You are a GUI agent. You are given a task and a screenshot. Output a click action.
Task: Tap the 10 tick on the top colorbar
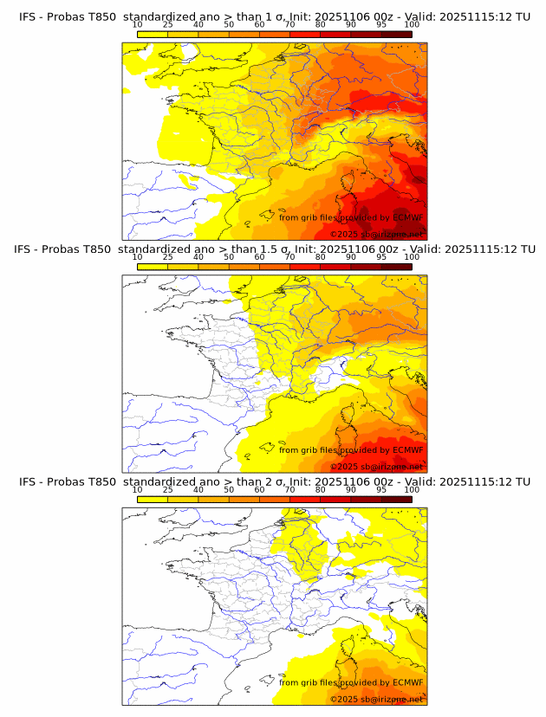click(x=137, y=24)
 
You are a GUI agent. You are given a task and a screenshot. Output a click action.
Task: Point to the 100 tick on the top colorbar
click(x=412, y=24)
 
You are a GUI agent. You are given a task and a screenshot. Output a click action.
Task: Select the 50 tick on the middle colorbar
click(x=229, y=257)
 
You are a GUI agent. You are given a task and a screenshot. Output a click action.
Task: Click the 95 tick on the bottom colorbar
click(x=381, y=489)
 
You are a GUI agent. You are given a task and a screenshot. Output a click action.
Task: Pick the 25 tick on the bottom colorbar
click(x=167, y=489)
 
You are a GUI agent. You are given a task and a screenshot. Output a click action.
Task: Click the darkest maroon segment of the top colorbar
click(x=396, y=34)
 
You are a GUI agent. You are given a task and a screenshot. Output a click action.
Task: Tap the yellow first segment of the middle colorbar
click(x=153, y=267)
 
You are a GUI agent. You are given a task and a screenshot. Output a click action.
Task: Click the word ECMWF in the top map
click(x=407, y=218)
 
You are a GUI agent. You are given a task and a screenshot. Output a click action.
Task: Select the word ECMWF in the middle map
click(x=407, y=449)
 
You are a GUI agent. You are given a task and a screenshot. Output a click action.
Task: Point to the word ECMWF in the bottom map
click(x=407, y=682)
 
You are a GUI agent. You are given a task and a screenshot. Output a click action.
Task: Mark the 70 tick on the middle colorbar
click(x=289, y=257)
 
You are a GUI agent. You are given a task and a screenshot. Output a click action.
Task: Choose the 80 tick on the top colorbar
click(x=321, y=24)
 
